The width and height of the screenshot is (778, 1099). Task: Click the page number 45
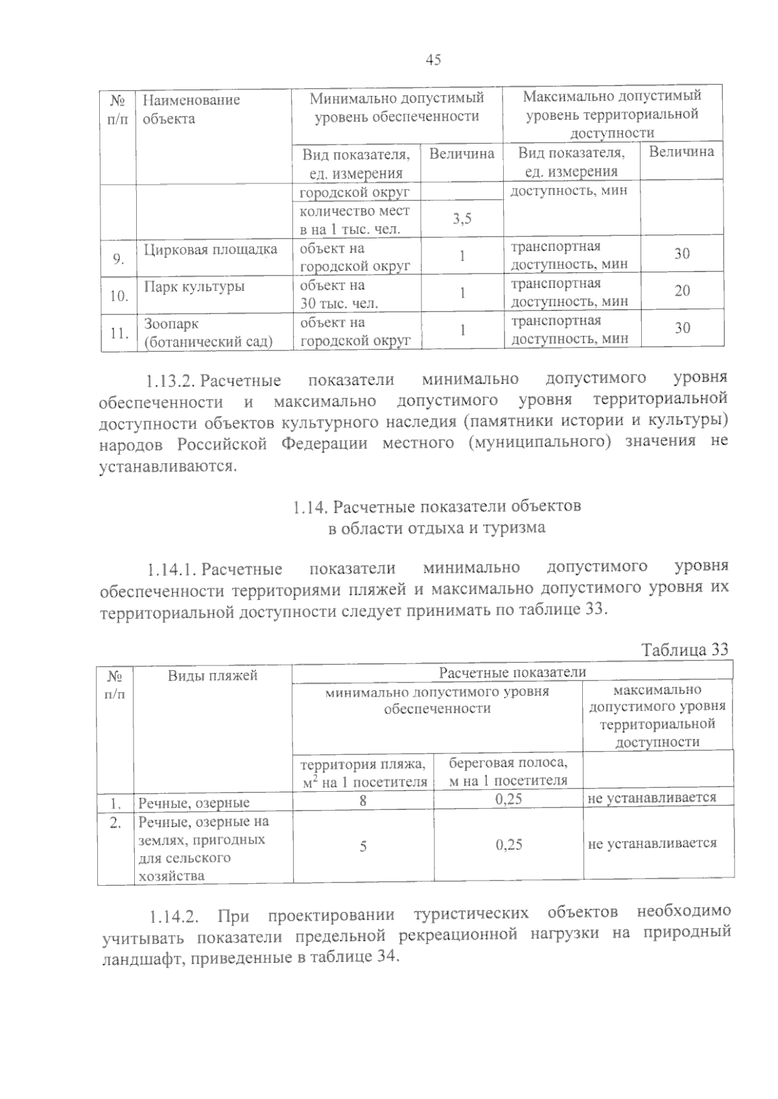tap(433, 60)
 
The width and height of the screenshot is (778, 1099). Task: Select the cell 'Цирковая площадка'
tap(210, 249)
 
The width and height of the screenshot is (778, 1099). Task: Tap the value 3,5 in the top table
tap(462, 219)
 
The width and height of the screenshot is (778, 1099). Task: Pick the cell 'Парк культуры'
tap(194, 286)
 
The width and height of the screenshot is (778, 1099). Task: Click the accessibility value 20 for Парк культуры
tap(681, 291)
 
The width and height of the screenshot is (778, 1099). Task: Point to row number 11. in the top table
tap(118, 333)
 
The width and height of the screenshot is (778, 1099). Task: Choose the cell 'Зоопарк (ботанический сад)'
tap(207, 332)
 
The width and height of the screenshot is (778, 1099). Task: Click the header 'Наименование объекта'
tap(191, 109)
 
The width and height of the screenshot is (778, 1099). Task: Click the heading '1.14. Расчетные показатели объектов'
tap(436, 506)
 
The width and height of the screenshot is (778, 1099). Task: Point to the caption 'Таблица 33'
tap(685, 649)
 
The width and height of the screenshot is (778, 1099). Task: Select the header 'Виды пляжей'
tap(212, 676)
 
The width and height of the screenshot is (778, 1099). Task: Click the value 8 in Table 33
tap(363, 801)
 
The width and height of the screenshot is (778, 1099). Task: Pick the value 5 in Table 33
tap(363, 846)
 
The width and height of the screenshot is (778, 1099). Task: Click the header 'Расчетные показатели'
tap(512, 672)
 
